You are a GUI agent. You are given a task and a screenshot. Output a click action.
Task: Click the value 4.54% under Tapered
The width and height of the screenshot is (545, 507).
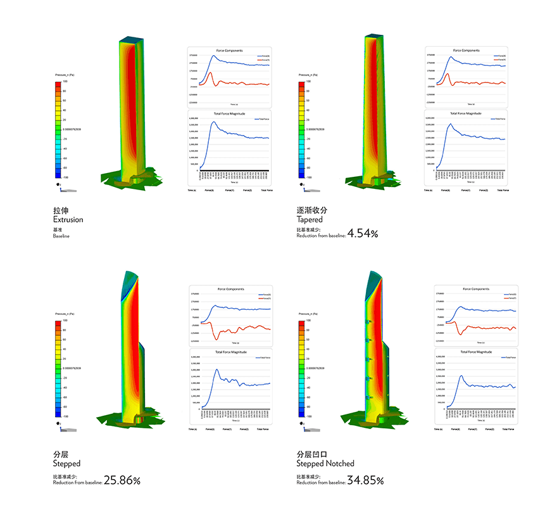click(363, 234)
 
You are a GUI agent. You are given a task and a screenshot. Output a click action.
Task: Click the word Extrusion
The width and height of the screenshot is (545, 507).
click(68, 219)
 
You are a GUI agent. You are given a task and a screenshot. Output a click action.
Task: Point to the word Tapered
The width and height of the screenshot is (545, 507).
click(310, 219)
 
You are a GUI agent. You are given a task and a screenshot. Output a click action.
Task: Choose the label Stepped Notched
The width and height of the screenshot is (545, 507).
click(325, 463)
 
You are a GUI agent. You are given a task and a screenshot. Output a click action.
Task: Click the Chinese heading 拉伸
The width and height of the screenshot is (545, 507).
click(61, 210)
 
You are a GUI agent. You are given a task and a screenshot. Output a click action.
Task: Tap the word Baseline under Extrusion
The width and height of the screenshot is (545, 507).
click(61, 236)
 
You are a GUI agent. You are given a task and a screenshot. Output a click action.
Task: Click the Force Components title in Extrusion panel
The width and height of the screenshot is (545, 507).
click(229, 50)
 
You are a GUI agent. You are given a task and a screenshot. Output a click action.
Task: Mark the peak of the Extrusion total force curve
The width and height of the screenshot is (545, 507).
click(213, 122)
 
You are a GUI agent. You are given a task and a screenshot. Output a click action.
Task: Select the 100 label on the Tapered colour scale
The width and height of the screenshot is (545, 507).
click(308, 82)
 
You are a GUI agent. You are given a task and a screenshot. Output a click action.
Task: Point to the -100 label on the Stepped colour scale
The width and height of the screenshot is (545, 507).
click(66, 416)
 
